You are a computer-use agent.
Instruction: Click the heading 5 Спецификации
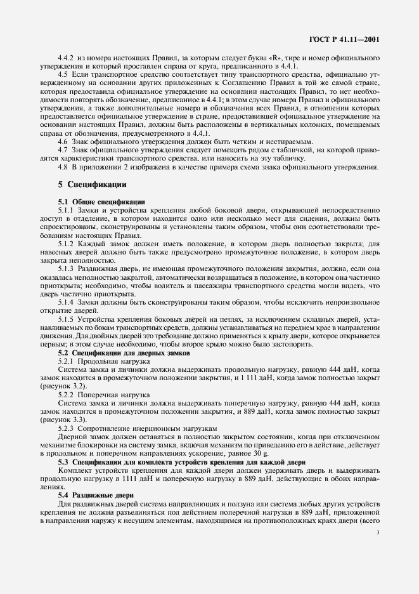[92, 185]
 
